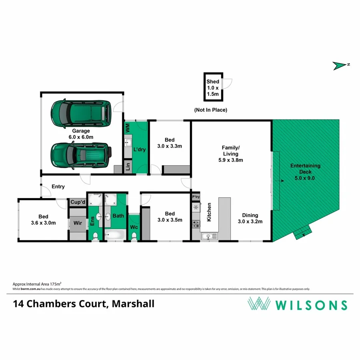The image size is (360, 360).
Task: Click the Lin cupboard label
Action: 128,167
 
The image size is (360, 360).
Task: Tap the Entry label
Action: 58,187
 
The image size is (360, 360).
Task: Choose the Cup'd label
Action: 78,202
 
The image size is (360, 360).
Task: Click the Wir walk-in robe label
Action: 78,224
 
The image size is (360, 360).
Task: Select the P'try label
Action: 196,197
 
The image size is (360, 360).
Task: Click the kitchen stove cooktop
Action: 196,224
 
